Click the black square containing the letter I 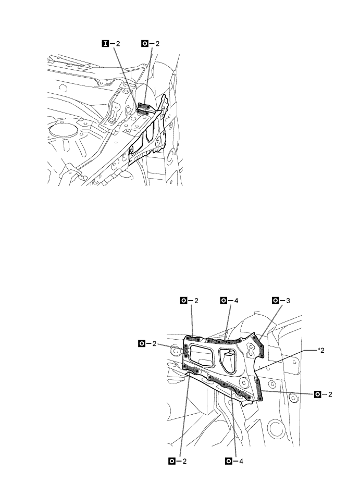pyautogui.click(x=105, y=43)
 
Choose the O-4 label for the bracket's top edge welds pyautogui.click(x=229, y=300)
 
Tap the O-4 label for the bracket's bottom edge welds pyautogui.click(x=233, y=461)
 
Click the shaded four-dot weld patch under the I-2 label pyautogui.click(x=143, y=109)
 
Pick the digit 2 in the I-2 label pyautogui.click(x=118, y=43)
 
